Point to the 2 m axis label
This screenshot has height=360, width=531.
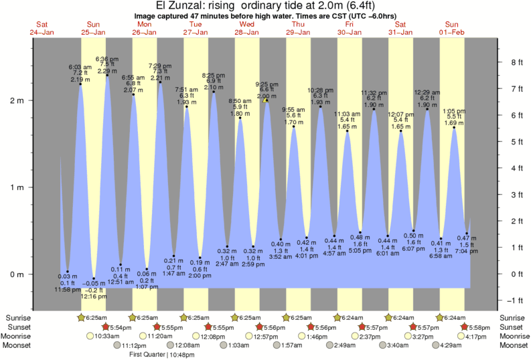coord(16,100)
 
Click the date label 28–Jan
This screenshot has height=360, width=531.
coord(247,31)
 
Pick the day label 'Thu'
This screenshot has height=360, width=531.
coord(298,23)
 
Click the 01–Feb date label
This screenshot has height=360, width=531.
coord(453,31)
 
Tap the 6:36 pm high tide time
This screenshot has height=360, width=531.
coord(107,59)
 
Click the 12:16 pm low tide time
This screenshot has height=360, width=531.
coord(94,296)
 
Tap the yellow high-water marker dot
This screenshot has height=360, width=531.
coord(267,100)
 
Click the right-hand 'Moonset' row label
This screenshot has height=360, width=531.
coord(514,345)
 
